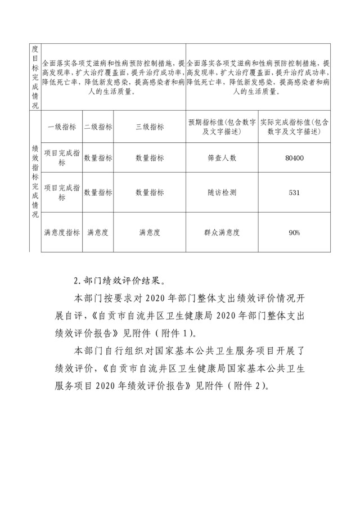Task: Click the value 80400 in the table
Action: coord(294,159)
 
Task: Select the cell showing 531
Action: coord(294,192)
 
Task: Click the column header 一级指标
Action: coord(62,127)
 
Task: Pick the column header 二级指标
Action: coord(98,127)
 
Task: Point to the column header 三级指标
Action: coord(150,127)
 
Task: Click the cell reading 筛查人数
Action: coord(222,159)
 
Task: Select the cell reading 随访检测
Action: coord(222,192)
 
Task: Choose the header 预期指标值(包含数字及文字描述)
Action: coord(222,127)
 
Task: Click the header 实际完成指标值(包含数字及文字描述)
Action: coord(294,127)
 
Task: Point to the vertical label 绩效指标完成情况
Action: coord(35,181)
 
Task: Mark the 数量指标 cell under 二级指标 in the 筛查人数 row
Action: coord(98,159)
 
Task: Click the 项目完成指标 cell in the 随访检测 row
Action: coord(62,192)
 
